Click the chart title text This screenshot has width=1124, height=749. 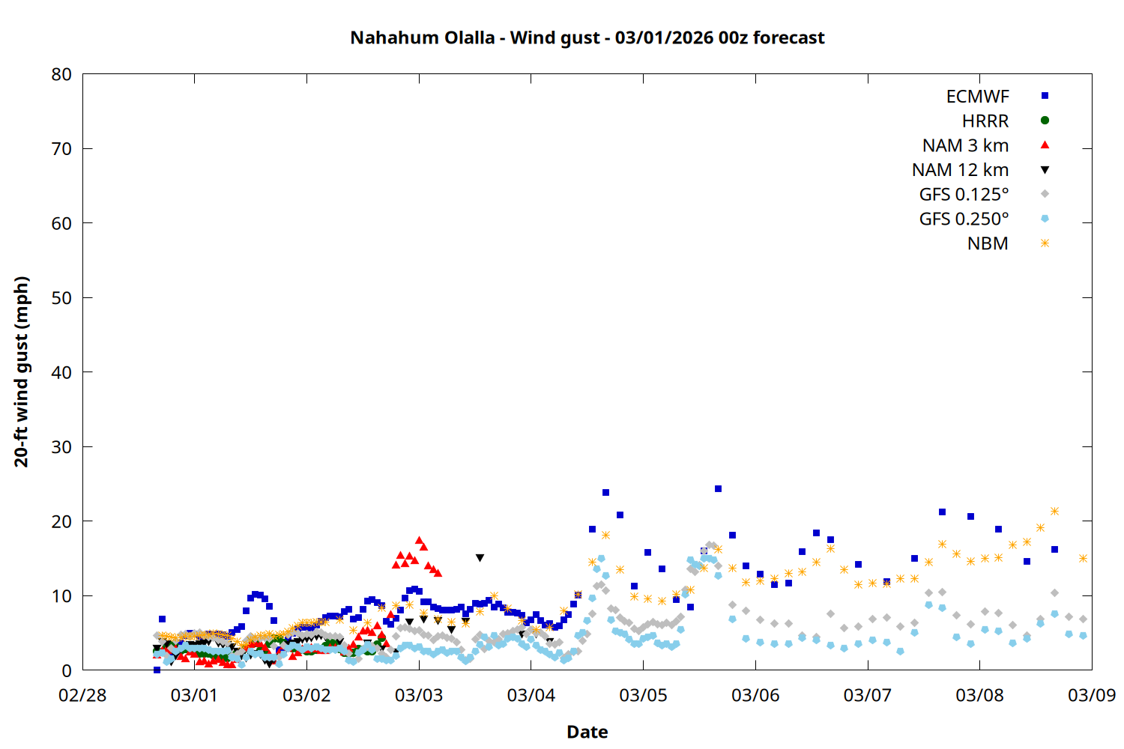(587, 37)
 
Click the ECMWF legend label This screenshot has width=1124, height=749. (977, 97)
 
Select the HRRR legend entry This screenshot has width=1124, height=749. (985, 121)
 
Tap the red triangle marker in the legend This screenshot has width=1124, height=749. (1045, 145)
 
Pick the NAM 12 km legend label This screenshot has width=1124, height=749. (960, 170)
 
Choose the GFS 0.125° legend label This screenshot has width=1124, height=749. (964, 195)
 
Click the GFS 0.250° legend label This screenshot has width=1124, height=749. (964, 219)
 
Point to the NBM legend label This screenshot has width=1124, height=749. (988, 244)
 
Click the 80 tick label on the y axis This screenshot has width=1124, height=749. (61, 74)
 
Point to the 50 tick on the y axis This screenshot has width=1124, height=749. (61, 298)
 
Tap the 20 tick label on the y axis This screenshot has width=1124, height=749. (61, 521)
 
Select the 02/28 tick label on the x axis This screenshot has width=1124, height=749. (82, 696)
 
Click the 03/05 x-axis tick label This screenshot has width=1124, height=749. (643, 696)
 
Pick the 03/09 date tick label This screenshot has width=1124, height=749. (1091, 696)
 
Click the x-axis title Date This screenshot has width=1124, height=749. (587, 732)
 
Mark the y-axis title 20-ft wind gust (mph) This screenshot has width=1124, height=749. (22, 372)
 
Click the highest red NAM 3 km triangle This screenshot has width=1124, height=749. (420, 540)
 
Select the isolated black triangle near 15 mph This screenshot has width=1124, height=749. (480, 558)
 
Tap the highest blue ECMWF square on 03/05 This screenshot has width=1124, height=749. (718, 488)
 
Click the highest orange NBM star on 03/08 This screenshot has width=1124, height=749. (1054, 511)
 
